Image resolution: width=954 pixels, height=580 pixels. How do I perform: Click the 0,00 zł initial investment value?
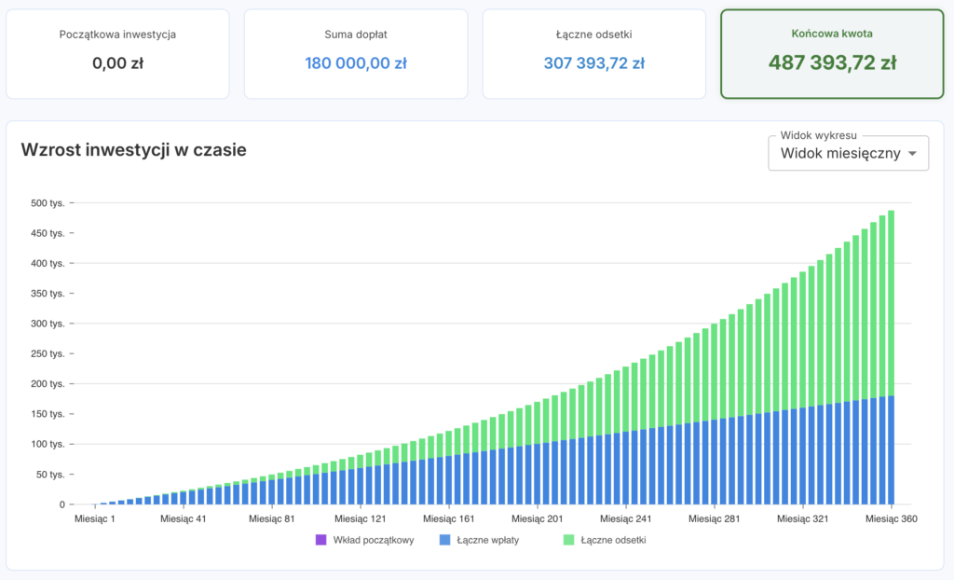pos(117,62)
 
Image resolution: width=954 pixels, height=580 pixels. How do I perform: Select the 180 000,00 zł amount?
pos(356,62)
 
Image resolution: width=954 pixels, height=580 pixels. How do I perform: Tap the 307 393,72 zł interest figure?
pos(593,62)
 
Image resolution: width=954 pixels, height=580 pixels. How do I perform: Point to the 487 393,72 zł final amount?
pos(832,62)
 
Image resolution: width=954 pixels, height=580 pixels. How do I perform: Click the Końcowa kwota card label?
pos(832,34)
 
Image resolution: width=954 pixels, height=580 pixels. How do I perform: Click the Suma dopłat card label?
pos(356,35)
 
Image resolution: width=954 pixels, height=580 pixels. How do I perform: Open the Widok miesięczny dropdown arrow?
pos(912,154)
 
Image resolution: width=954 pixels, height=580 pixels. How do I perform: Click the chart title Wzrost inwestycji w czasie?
pos(134,150)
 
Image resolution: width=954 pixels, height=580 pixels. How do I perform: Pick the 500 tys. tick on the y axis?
pos(48,203)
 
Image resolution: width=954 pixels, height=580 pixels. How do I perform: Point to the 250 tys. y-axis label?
pos(48,353)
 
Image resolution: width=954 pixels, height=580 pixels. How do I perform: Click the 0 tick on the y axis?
pos(62,504)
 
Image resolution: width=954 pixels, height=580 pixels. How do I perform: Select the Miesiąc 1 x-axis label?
pos(95,519)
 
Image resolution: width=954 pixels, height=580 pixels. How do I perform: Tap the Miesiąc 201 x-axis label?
pos(538,519)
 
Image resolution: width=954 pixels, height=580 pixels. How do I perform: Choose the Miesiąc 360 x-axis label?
pos(892,519)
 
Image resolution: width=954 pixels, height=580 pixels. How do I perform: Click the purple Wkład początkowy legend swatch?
pos(321,540)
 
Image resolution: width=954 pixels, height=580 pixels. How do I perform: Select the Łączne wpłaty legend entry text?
pos(488,540)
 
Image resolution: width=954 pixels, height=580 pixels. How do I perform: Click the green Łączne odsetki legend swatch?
pos(569,540)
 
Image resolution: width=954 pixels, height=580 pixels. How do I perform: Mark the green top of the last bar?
pos(892,211)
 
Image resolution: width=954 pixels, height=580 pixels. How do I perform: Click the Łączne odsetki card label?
pos(593,35)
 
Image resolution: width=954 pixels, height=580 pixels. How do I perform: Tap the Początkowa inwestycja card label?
pos(117,35)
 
